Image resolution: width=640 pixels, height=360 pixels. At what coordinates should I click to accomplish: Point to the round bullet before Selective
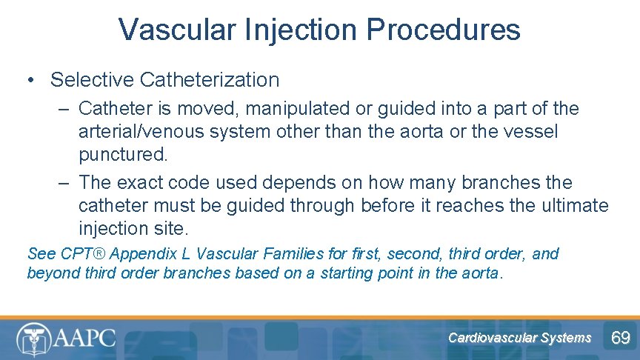[32, 80]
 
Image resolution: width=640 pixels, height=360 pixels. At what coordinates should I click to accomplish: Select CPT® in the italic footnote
[79, 254]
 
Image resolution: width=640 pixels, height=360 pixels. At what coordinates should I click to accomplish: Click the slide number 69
[620, 339]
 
